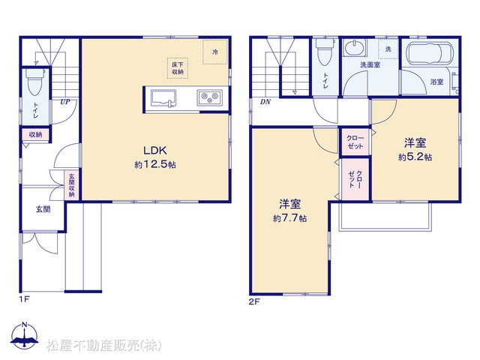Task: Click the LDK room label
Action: click(x=155, y=150)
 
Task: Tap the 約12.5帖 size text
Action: click(x=155, y=164)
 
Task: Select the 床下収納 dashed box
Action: click(x=178, y=68)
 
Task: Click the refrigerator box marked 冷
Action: click(x=215, y=52)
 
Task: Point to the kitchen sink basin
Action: click(x=163, y=98)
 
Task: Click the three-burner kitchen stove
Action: click(x=210, y=98)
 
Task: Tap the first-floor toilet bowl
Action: click(x=34, y=82)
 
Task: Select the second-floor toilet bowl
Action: click(x=325, y=52)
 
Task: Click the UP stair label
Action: click(x=65, y=102)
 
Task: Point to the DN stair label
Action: click(x=265, y=102)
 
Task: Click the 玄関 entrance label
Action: click(x=43, y=210)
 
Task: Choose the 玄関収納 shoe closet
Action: click(x=72, y=185)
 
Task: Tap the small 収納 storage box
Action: click(x=35, y=134)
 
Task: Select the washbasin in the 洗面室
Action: click(x=355, y=48)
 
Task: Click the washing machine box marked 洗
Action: click(x=388, y=49)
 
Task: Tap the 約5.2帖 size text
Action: click(x=415, y=157)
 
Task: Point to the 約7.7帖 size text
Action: click(x=290, y=218)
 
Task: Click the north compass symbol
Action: click(x=24, y=335)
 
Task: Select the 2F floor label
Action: click(x=254, y=301)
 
